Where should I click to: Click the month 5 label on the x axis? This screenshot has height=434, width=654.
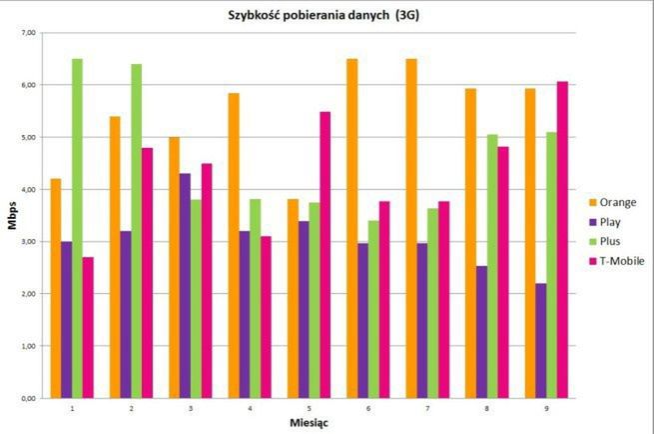pos(309,408)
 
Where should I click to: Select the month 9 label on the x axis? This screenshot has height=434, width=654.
pos(545,408)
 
